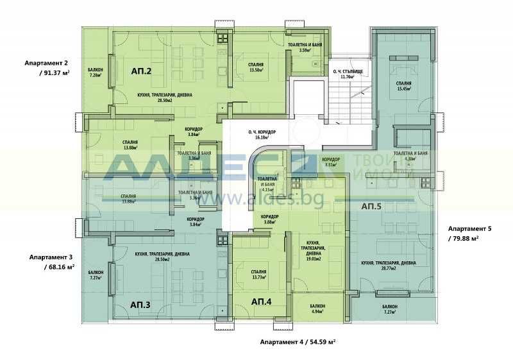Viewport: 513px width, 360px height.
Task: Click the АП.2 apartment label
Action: (x=140, y=71)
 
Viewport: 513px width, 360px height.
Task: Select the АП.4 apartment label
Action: (x=260, y=302)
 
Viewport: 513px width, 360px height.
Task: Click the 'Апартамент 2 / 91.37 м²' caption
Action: (x=46, y=68)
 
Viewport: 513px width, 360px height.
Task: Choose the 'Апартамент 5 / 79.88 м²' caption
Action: (x=469, y=232)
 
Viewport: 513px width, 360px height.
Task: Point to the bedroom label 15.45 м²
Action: (x=403, y=87)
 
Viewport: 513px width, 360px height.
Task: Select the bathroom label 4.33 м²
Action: (x=411, y=157)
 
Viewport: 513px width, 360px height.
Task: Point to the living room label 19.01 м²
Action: (x=314, y=248)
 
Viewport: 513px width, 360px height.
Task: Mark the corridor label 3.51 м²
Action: (x=331, y=162)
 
